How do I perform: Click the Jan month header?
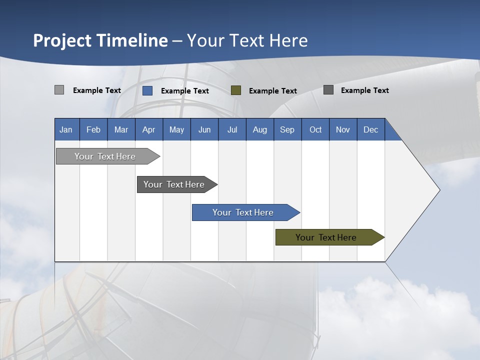pos(66,129)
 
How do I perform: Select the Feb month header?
pos(93,129)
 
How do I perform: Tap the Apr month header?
pos(149,129)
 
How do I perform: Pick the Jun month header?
pos(204,129)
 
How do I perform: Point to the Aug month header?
pos(260,129)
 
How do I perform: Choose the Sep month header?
pos(287,129)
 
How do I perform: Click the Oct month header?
pos(315,129)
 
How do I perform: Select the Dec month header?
pos(371,129)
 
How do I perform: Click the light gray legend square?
pos(59,90)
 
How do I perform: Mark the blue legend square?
pos(147,90)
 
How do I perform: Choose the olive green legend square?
pos(236,90)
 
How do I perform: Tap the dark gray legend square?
pos(328,90)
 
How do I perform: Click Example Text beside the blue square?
pos(185,91)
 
